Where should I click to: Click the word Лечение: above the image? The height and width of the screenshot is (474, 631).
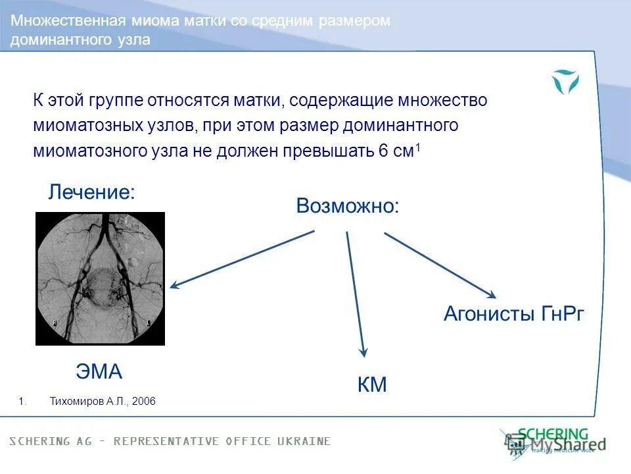click(92, 192)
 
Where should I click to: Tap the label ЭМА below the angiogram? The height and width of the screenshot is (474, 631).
click(99, 372)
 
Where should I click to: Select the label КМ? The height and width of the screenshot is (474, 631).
click(372, 385)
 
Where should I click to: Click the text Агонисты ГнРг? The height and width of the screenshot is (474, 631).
click(513, 314)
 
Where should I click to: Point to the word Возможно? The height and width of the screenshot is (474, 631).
click(347, 206)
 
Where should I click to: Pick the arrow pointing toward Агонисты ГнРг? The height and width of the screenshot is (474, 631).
click(440, 264)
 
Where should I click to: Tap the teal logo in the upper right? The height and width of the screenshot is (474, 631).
click(565, 82)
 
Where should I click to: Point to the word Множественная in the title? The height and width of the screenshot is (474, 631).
click(52, 21)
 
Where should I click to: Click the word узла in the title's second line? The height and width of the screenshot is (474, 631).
click(134, 40)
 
